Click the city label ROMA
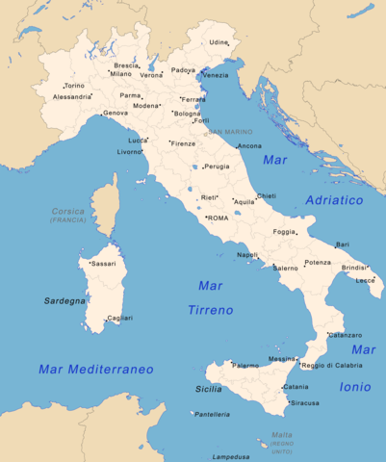[219, 218]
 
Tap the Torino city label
[74, 86]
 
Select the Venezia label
[217, 75]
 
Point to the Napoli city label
[247, 255]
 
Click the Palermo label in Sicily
[245, 366]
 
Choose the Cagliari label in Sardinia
[120, 318]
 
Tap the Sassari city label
[103, 263]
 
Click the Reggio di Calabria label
[332, 366]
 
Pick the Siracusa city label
[304, 403]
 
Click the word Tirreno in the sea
[212, 311]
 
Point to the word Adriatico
[334, 200]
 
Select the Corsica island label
[68, 211]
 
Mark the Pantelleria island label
[213, 414]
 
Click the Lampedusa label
[232, 456]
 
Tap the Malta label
[282, 435]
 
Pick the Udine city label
[219, 42]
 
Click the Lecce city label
[365, 280]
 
